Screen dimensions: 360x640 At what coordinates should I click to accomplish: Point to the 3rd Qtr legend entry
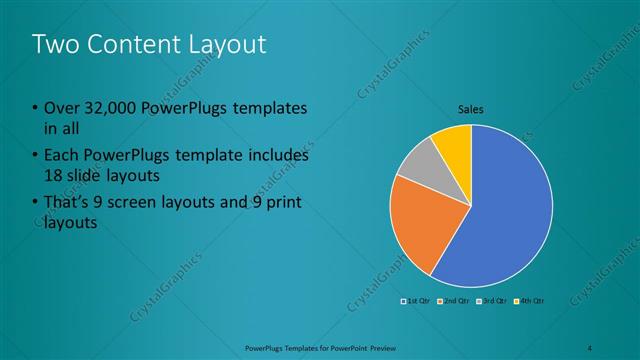[x=492, y=300]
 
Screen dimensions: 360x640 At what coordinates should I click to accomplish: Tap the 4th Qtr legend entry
[x=529, y=300]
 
